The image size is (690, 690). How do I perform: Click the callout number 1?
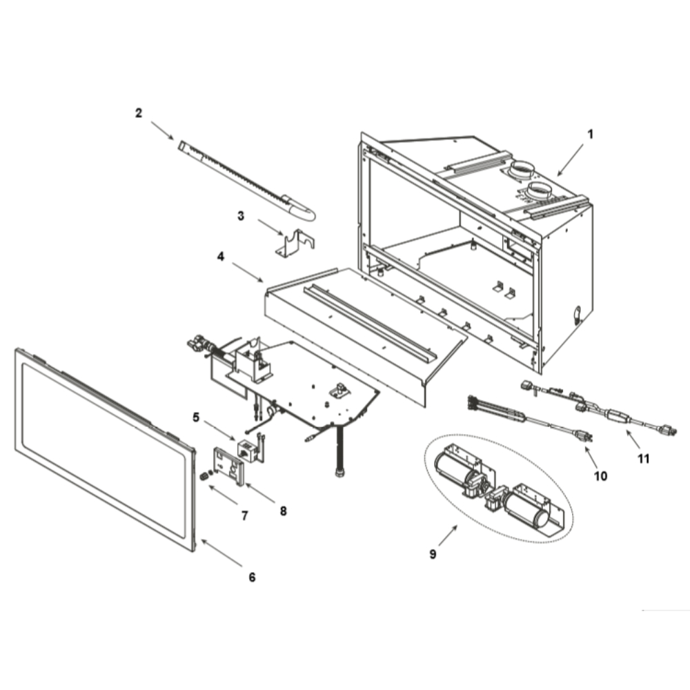(x=591, y=135)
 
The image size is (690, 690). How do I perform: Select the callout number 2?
(x=139, y=113)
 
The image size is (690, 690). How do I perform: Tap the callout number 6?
(x=252, y=577)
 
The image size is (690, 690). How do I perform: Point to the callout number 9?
(x=433, y=554)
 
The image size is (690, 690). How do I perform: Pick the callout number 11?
(x=644, y=459)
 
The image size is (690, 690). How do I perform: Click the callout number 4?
(x=221, y=256)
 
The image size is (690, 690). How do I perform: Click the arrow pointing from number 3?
(x=270, y=226)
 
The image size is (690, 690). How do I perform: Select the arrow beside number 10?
(x=591, y=457)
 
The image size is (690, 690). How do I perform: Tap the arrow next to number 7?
(x=223, y=495)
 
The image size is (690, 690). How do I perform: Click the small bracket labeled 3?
(x=295, y=244)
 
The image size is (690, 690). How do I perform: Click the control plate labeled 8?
(x=228, y=466)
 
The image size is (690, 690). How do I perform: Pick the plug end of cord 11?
(x=667, y=429)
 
